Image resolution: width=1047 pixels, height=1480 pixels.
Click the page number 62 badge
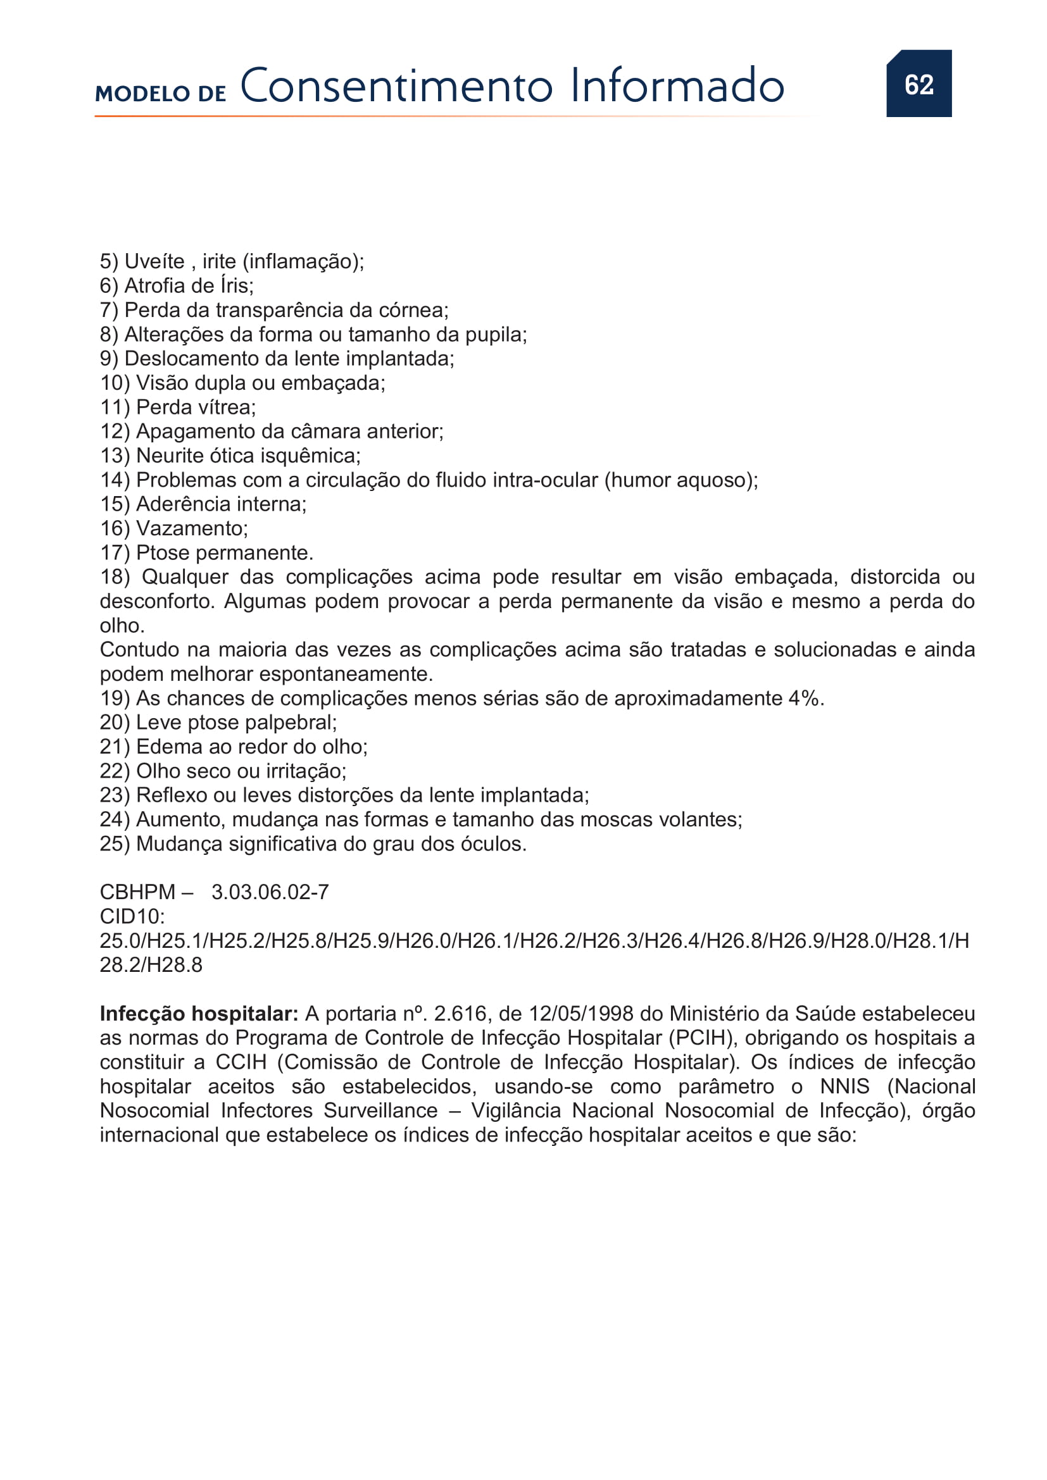tap(918, 84)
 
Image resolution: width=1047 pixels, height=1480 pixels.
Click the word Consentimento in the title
tap(396, 85)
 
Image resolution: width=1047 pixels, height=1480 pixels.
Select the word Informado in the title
tap(677, 85)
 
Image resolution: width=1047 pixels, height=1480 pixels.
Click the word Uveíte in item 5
tap(154, 262)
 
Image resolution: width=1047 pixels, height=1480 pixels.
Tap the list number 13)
tap(115, 456)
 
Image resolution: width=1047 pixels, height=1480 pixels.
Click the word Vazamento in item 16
tap(191, 528)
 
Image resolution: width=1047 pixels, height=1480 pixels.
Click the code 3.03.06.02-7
tap(270, 892)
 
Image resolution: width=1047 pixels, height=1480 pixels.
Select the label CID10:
tap(132, 916)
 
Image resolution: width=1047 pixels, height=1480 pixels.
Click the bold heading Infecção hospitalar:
tap(199, 1013)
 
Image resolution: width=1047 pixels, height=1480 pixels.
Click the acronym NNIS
tap(844, 1086)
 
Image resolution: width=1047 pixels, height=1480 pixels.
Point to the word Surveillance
tap(380, 1110)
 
